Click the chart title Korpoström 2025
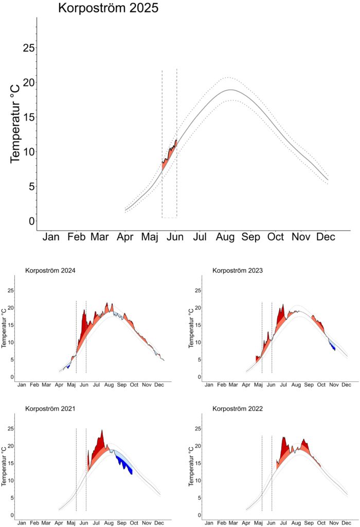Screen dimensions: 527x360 (x=108, y=9)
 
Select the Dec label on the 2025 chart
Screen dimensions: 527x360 (x=325, y=237)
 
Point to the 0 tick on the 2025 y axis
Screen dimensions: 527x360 (x=32, y=221)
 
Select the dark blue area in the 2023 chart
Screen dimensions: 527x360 (x=333, y=346)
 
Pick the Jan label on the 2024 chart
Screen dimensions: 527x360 (x=22, y=384)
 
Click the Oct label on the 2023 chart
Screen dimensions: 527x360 (x=321, y=384)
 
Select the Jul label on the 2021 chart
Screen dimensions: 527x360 (x=96, y=522)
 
